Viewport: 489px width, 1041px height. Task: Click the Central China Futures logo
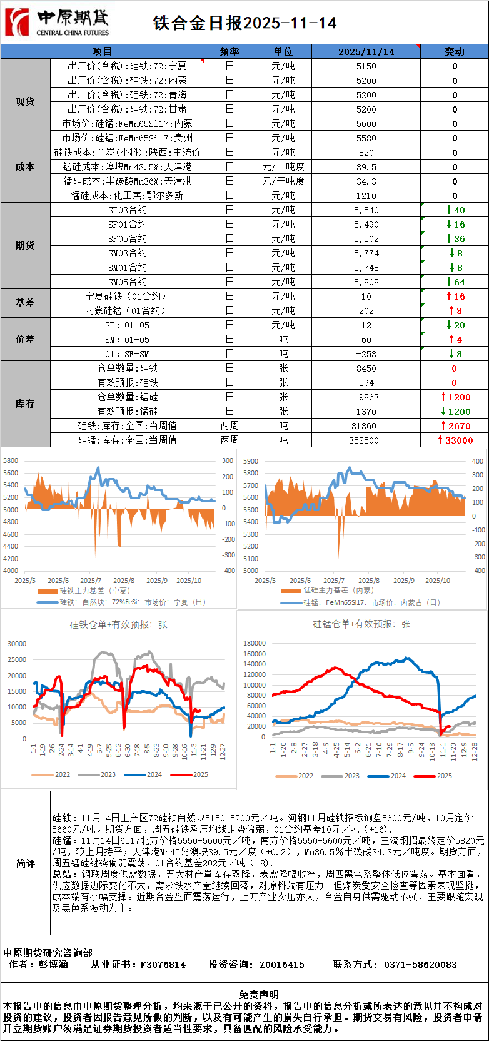pos(56,23)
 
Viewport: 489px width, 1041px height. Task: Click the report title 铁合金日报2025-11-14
pos(245,23)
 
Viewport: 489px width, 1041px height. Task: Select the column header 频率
pos(229,51)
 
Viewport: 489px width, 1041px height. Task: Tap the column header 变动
pos(455,51)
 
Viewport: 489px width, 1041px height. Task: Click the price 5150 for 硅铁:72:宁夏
pos(366,66)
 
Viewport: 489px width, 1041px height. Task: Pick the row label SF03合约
pos(128,210)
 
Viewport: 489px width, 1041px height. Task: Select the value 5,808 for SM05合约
pos(366,282)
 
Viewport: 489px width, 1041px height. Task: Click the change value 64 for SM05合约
pos(459,282)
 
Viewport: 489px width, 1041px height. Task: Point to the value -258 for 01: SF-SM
pos(366,354)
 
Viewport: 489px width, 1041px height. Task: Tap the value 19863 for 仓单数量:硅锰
pos(366,397)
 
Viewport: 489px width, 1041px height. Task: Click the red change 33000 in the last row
pos(459,440)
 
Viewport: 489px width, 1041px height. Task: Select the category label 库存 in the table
pos(25,404)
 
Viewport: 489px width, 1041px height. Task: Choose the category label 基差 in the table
pos(25,303)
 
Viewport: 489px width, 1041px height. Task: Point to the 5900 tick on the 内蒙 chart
pos(251,461)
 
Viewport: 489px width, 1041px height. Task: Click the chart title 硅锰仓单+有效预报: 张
pos(361,624)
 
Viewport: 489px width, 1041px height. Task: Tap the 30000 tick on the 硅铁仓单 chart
pos(17,644)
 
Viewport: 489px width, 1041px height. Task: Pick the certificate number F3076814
pos(163,965)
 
